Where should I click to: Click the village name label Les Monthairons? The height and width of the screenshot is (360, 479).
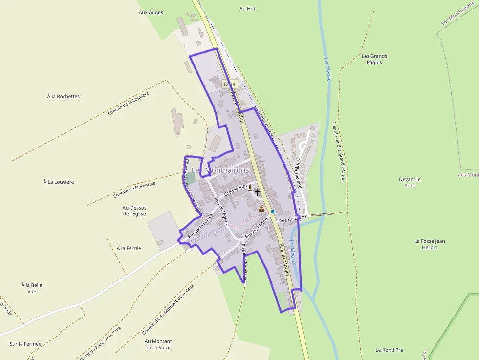pos(220,170)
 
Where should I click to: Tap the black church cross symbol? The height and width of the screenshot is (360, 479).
pos(257,192)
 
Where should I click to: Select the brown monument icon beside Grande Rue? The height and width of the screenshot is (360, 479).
pos(250,188)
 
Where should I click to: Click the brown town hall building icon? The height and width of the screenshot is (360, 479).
pos(261,209)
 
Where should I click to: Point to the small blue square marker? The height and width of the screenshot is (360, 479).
pos(273,212)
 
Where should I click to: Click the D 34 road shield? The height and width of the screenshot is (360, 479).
pos(229,84)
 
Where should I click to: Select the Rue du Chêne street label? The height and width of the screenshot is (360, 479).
pos(256,228)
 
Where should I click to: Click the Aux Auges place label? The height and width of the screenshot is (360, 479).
pos(151,13)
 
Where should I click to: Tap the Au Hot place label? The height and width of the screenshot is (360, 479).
pos(247,9)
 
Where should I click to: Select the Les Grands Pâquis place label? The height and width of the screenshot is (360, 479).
pos(374,59)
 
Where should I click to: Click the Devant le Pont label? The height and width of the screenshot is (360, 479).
pos(410,182)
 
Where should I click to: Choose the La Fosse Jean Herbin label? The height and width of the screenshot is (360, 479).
pos(430,244)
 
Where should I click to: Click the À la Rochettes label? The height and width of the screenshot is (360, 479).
pos(64,96)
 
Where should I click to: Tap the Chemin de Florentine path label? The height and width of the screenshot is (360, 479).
pos(134,190)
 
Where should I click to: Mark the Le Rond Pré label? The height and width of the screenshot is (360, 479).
pos(389,350)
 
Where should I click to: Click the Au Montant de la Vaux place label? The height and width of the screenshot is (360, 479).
pos(158,344)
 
